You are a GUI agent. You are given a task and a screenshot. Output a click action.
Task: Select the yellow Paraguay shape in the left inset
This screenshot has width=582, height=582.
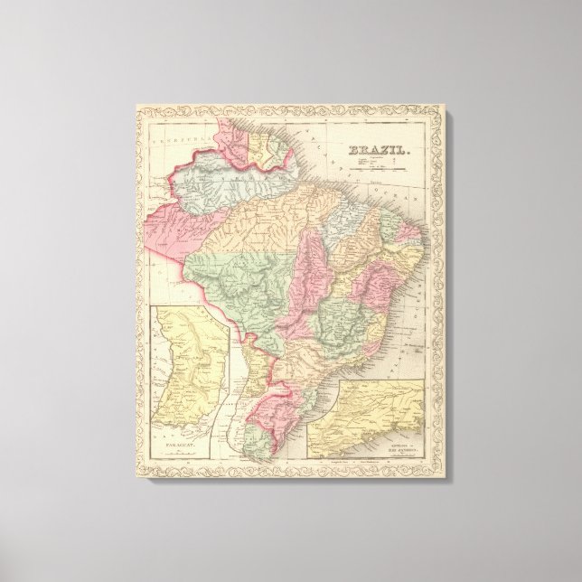click(192, 366)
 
